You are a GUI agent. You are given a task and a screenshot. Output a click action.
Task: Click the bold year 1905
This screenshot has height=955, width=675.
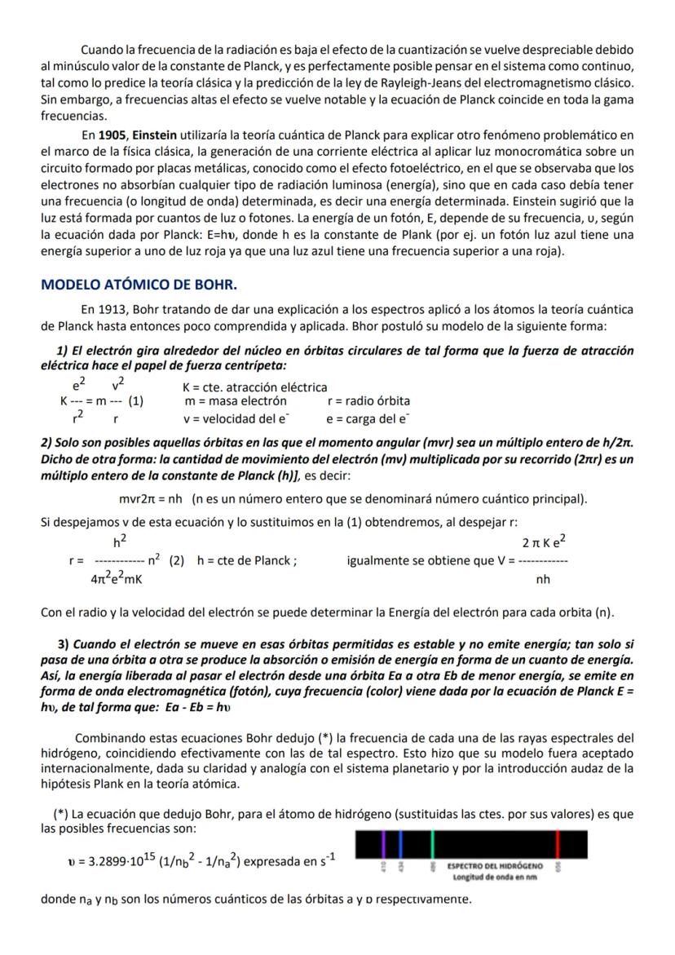pyautogui.click(x=108, y=134)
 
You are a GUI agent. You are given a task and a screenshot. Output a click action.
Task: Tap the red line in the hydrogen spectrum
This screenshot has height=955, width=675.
pyautogui.click(x=557, y=842)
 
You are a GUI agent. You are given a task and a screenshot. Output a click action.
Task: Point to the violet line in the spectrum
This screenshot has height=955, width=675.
pyautogui.click(x=383, y=842)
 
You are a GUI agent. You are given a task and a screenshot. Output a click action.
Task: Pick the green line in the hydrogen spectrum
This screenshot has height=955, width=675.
pyautogui.click(x=432, y=842)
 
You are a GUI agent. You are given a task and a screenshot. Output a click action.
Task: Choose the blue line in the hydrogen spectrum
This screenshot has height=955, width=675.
pyautogui.click(x=400, y=842)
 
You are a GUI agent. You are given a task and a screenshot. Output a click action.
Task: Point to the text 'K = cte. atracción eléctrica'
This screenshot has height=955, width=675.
pyautogui.click(x=254, y=387)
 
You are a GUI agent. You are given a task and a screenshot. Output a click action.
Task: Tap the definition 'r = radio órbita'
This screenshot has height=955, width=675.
pyautogui.click(x=368, y=401)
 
